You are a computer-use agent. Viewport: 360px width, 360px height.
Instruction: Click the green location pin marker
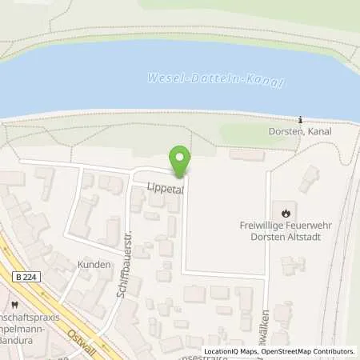(180, 161)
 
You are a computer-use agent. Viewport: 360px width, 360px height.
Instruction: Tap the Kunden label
(91, 264)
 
